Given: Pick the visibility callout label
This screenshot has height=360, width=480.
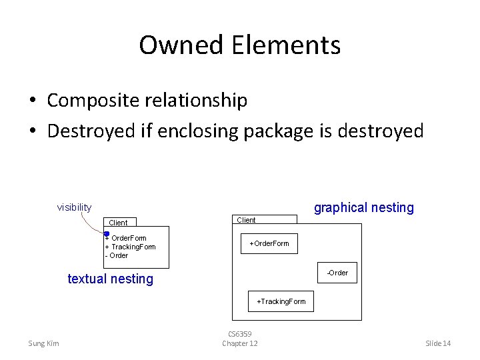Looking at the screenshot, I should pos(74,207).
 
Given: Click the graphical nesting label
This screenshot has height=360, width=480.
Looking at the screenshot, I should pos(364,208).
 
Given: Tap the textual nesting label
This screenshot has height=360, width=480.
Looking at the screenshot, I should pos(111,279).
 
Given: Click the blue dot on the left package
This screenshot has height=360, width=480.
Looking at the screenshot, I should pos(106,233).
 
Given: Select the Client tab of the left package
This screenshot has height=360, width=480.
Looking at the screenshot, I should pos(119,223).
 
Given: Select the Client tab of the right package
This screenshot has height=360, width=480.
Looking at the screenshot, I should pos(247,220).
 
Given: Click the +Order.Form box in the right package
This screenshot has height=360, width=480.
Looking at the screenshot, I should pos(269,244).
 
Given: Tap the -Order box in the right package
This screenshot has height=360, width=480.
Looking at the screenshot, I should pos(337,273).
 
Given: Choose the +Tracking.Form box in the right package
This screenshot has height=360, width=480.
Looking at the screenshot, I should pos(281,301).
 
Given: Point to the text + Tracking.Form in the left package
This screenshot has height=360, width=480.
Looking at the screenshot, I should pos(131,247).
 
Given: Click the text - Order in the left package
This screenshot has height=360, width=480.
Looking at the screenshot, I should pos(117,255).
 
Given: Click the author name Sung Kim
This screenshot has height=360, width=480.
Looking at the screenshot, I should pos(43,343).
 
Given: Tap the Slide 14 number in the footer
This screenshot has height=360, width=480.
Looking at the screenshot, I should pos(438,343).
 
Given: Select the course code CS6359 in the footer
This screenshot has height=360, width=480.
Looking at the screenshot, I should pos(240,334).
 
